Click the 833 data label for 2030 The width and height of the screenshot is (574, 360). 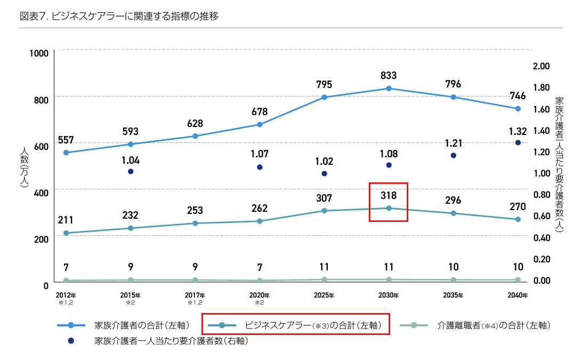tap(389, 76)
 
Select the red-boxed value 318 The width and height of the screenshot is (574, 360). tap(389, 196)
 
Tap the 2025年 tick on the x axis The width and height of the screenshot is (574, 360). tap(324, 295)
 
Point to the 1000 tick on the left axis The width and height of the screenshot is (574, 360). tap(39, 53)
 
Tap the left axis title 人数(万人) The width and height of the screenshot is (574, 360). tap(23, 168)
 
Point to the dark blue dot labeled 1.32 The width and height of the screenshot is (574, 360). tap(518, 142)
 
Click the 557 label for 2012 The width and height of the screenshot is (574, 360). tap(66, 140)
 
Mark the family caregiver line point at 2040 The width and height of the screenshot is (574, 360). tap(518, 109)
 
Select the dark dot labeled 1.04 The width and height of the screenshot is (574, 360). tap(131, 171)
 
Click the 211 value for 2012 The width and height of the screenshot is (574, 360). tap(66, 220)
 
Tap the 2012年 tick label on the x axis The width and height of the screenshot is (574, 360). tap(66, 295)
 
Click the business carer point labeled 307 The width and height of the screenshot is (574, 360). tap(324, 211)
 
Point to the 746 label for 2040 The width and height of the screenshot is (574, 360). tap(518, 96)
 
